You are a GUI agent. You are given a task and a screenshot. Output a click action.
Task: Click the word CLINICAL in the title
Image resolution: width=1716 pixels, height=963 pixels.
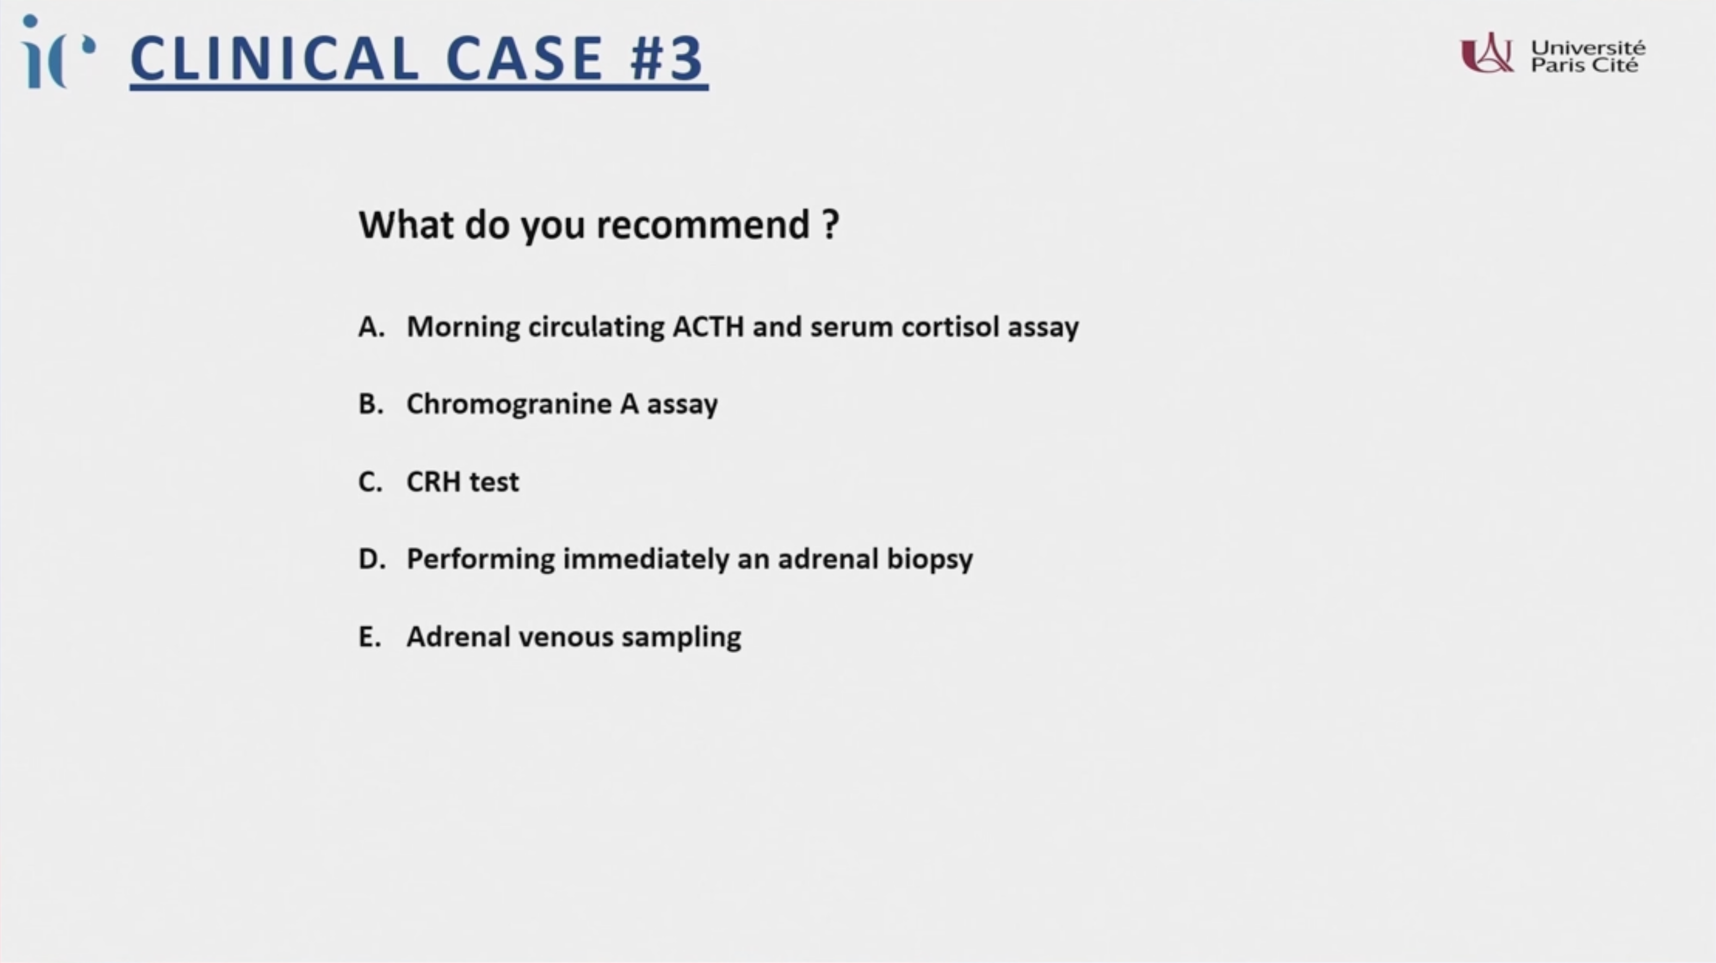pos(275,59)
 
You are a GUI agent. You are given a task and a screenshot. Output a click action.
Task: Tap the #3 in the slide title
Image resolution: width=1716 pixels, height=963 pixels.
pos(667,59)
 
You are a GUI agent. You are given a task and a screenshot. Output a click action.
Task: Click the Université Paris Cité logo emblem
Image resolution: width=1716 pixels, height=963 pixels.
pos(1486,53)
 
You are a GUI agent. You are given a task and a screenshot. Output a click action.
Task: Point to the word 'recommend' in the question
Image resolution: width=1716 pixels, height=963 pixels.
pos(703,225)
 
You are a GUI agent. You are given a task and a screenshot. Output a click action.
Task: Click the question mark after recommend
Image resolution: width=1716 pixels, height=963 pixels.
pos(831,225)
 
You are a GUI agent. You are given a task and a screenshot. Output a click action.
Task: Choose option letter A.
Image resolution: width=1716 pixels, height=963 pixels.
pos(371,327)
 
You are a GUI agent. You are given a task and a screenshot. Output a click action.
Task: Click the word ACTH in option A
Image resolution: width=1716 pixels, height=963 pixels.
pos(708,327)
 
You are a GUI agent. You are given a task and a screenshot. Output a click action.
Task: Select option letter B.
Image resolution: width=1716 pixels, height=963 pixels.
pos(371,404)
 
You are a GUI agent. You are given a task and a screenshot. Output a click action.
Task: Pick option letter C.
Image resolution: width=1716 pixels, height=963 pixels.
pos(371,481)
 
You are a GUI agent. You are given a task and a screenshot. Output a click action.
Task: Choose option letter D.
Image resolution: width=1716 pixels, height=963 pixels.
pos(372,558)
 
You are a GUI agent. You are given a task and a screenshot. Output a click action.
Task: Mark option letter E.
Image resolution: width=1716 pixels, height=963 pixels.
pos(370,636)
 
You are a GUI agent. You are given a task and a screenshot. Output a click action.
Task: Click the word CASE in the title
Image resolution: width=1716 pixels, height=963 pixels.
pos(524,59)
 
